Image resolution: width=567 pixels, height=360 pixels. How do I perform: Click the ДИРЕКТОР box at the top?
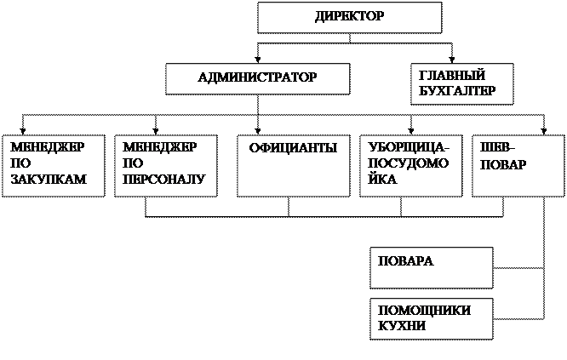pyautogui.click(x=349, y=17)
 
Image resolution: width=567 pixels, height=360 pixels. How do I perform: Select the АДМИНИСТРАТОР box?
pyautogui.click(x=257, y=78)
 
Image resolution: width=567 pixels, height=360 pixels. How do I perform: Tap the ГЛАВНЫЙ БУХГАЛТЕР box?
pyautogui.click(x=461, y=83)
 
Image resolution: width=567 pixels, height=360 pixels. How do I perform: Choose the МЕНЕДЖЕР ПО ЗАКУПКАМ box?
pyautogui.click(x=53, y=165)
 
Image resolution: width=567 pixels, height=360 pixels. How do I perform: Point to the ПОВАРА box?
pyautogui.click(x=431, y=267)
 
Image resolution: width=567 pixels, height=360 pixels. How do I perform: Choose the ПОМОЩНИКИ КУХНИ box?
pyautogui.click(x=431, y=318)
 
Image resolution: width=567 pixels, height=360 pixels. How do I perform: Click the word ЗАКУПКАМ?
pyautogui.click(x=48, y=180)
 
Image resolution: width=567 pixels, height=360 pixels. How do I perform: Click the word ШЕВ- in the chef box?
pyautogui.click(x=497, y=147)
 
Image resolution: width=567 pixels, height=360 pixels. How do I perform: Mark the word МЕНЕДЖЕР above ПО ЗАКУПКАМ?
pyautogui.click(x=47, y=147)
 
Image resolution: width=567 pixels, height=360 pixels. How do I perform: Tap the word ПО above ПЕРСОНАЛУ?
pyautogui.click(x=132, y=163)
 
